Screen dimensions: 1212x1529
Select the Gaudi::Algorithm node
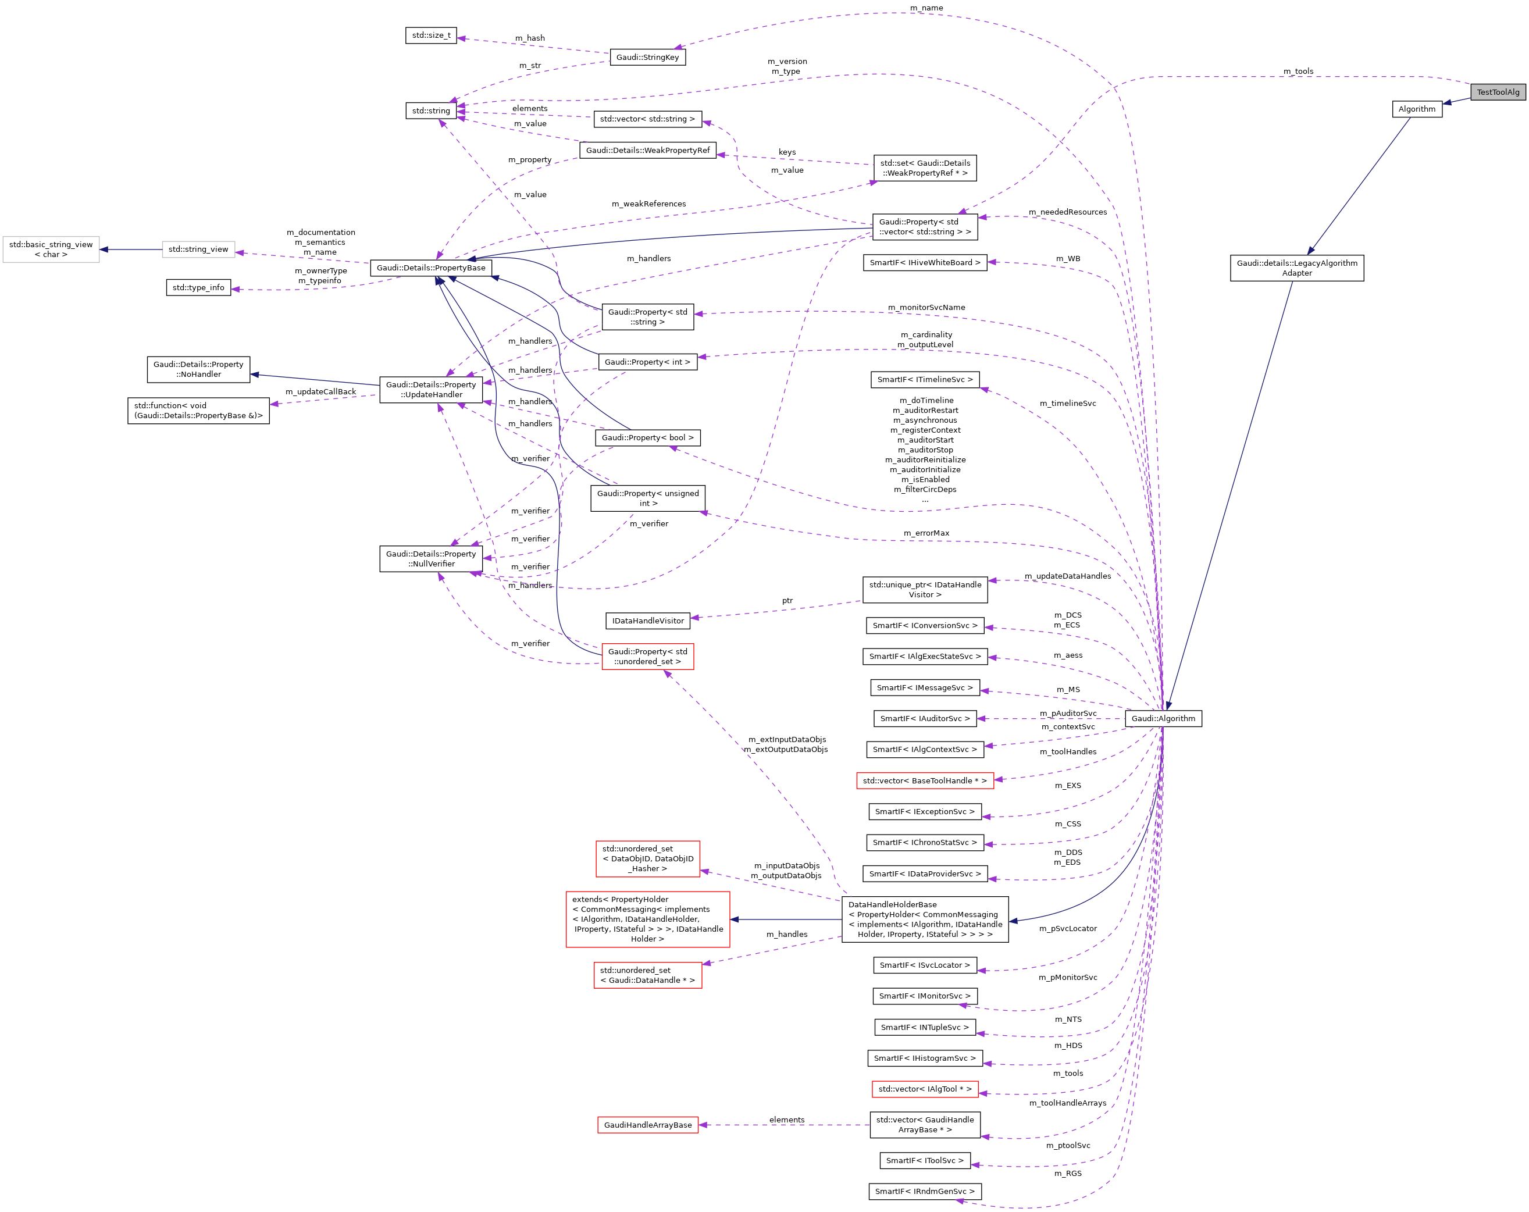[x=1163, y=718]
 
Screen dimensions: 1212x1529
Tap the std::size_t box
[x=430, y=35]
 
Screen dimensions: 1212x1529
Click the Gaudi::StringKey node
[x=647, y=58]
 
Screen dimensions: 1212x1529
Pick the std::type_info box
[x=198, y=288]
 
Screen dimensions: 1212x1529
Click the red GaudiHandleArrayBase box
[x=647, y=1125]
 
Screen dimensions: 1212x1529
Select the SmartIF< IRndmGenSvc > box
[x=924, y=1192]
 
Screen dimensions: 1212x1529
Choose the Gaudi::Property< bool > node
[x=647, y=437]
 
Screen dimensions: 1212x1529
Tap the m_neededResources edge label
[x=1067, y=212]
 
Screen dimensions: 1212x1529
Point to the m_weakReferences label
[x=648, y=204]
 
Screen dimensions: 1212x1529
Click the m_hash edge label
[x=530, y=38]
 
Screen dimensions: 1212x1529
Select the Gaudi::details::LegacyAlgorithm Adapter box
[x=1296, y=268]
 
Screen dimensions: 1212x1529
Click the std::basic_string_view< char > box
[x=51, y=249]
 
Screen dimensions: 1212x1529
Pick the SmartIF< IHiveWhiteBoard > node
[x=924, y=262]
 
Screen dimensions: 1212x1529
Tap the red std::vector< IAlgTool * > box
[x=924, y=1089]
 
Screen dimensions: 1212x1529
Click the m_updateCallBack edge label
[x=320, y=391]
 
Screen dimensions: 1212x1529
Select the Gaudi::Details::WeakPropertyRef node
[x=647, y=151]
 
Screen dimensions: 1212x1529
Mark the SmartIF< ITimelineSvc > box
[x=924, y=379]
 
